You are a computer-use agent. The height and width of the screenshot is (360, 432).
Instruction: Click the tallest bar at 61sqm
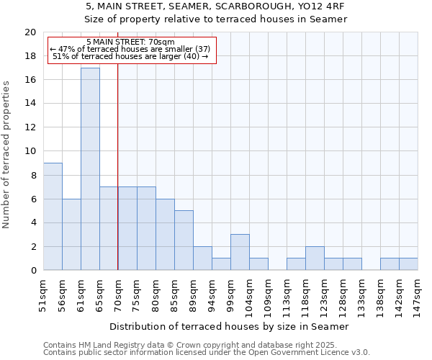[90, 169]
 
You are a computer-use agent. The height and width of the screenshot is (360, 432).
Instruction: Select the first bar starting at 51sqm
[53, 217]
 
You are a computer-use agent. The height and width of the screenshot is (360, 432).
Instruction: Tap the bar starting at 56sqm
[71, 235]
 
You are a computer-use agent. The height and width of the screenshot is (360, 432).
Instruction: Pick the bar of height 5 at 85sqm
[184, 240]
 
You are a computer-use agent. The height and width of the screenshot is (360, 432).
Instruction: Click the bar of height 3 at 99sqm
[240, 252]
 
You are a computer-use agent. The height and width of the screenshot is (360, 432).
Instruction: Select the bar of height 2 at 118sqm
[315, 258]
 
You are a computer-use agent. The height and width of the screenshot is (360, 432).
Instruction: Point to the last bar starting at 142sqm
[408, 264]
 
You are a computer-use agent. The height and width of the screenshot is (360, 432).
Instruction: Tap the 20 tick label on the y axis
[30, 32]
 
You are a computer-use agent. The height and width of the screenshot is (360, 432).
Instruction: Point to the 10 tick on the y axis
[30, 151]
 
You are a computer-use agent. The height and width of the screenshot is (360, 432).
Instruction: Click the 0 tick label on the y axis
[32, 271]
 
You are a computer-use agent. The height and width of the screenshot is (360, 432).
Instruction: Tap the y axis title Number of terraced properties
[6, 154]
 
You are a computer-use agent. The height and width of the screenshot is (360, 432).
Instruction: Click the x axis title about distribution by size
[230, 326]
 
